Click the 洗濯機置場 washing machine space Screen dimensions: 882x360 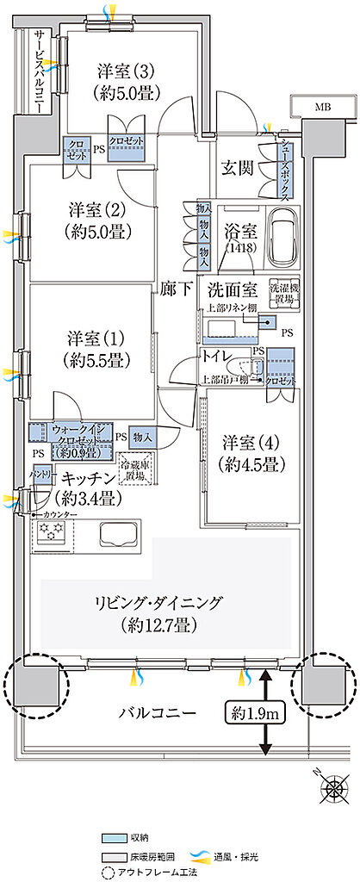[282, 295]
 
